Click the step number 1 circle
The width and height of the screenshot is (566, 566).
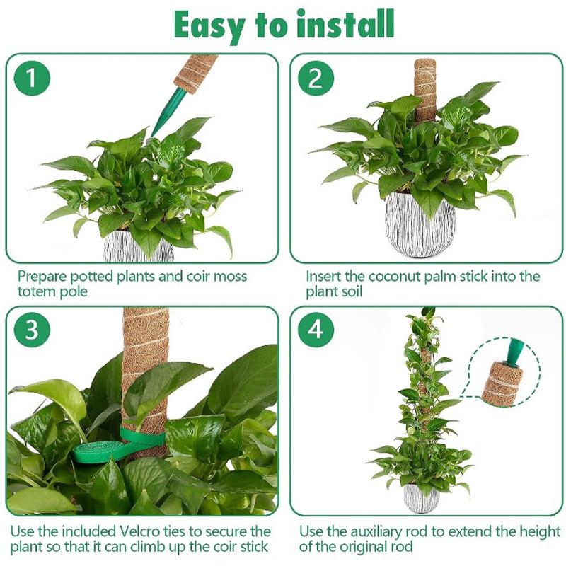point(32,78)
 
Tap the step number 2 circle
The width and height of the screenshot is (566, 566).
point(316,78)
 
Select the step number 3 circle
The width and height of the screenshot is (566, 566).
point(32,330)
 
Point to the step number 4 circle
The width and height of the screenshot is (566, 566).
point(316,330)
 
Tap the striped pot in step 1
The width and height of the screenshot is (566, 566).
point(138,246)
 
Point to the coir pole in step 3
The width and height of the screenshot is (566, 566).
point(145,372)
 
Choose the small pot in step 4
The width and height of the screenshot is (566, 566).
point(421,497)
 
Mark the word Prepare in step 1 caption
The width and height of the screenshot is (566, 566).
point(42,277)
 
